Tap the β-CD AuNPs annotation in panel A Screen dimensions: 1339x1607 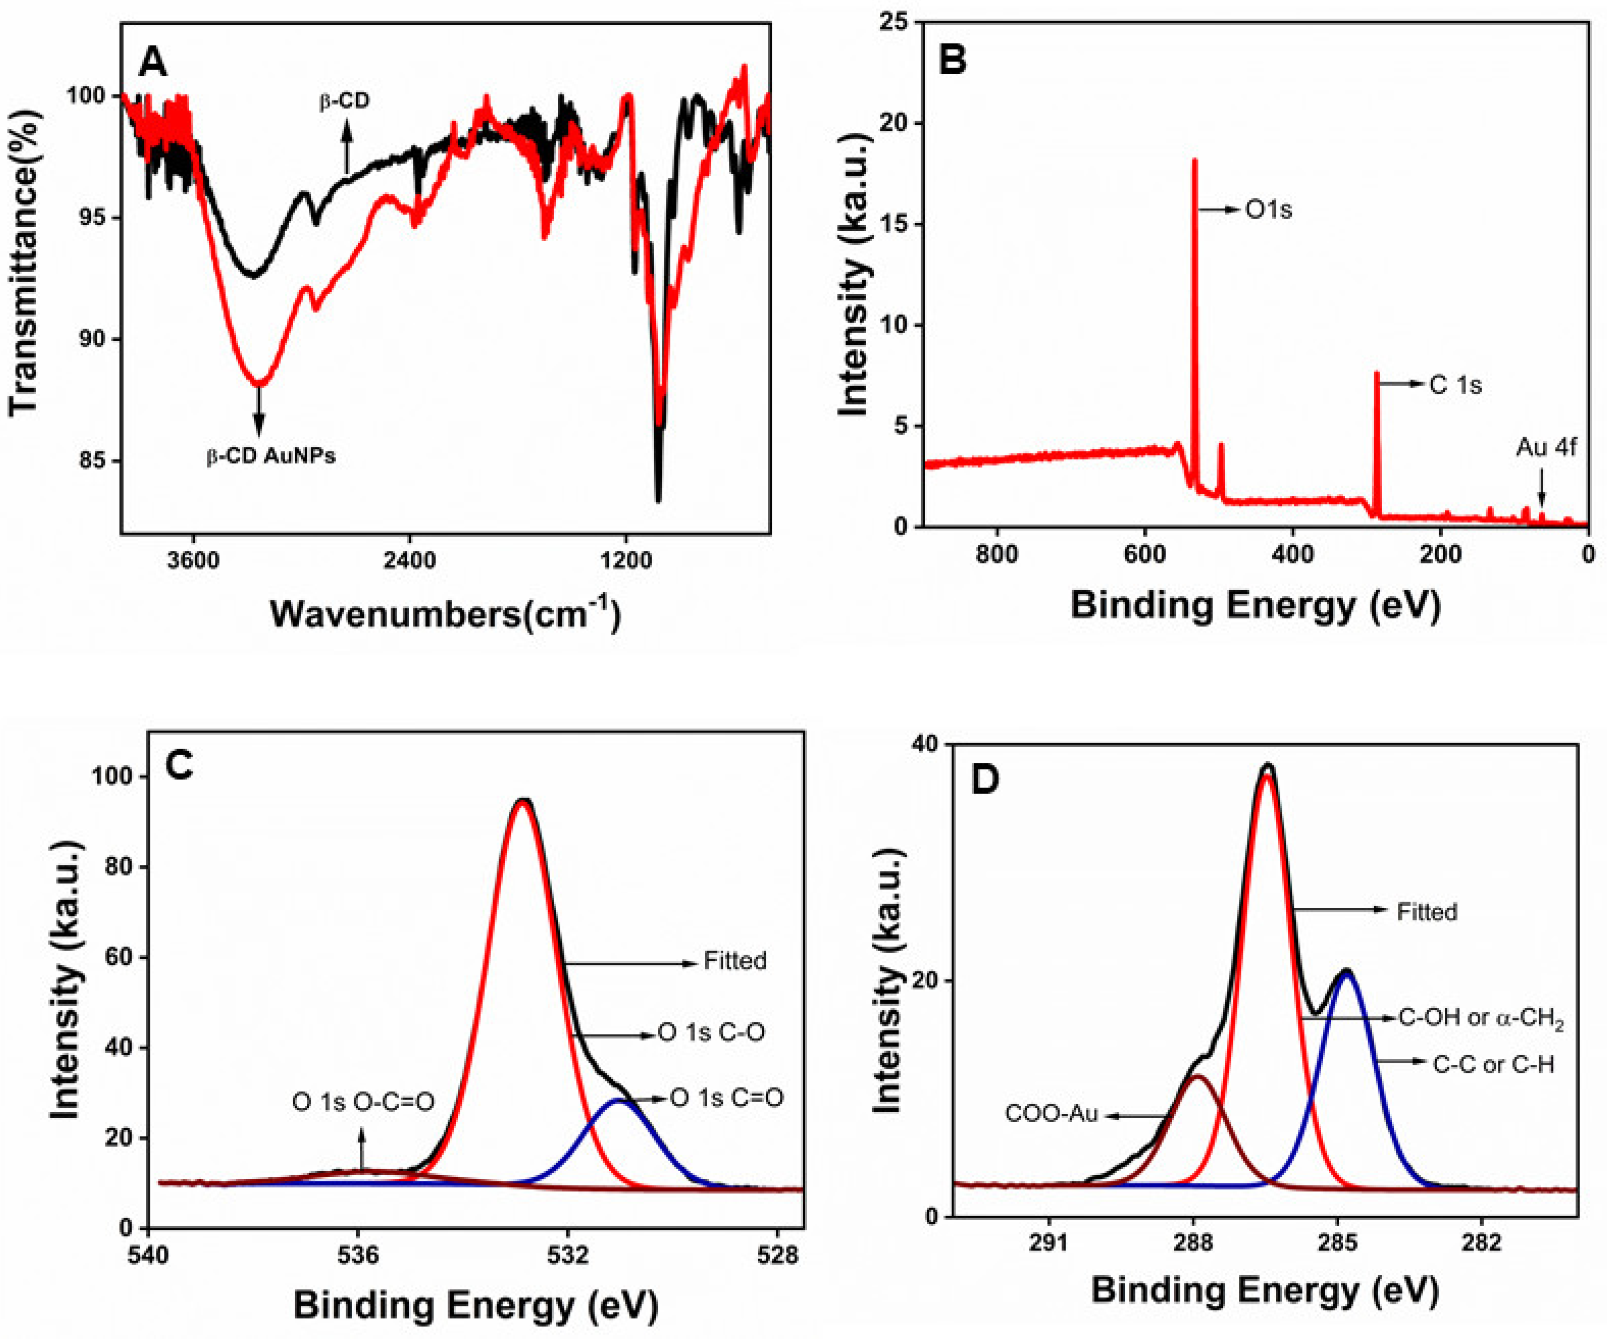pyautogui.click(x=271, y=457)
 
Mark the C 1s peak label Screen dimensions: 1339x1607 pyautogui.click(x=1456, y=385)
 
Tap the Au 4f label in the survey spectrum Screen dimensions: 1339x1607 pyautogui.click(x=1546, y=447)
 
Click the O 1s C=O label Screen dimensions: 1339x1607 pyautogui.click(x=727, y=1098)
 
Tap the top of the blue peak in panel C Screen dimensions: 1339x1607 pyautogui.click(x=618, y=1100)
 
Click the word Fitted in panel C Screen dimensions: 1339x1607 pyautogui.click(x=735, y=961)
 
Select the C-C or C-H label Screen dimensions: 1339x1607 pyautogui.click(x=1494, y=1064)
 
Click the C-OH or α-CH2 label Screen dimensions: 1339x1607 pyautogui.click(x=1481, y=1019)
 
